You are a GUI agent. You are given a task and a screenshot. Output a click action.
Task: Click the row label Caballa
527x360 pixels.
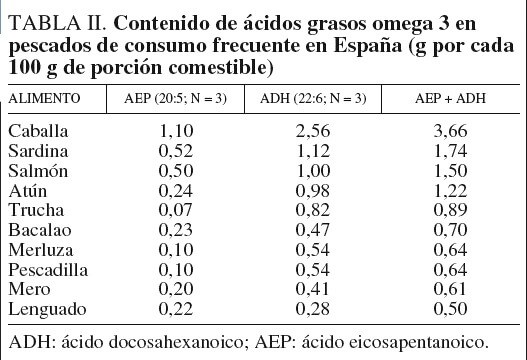[36, 129]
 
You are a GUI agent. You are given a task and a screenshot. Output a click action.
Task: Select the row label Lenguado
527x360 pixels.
[42, 309]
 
